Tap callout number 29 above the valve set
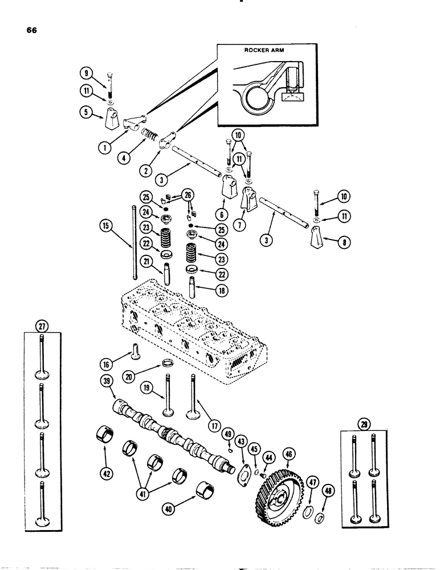pyautogui.click(x=364, y=424)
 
